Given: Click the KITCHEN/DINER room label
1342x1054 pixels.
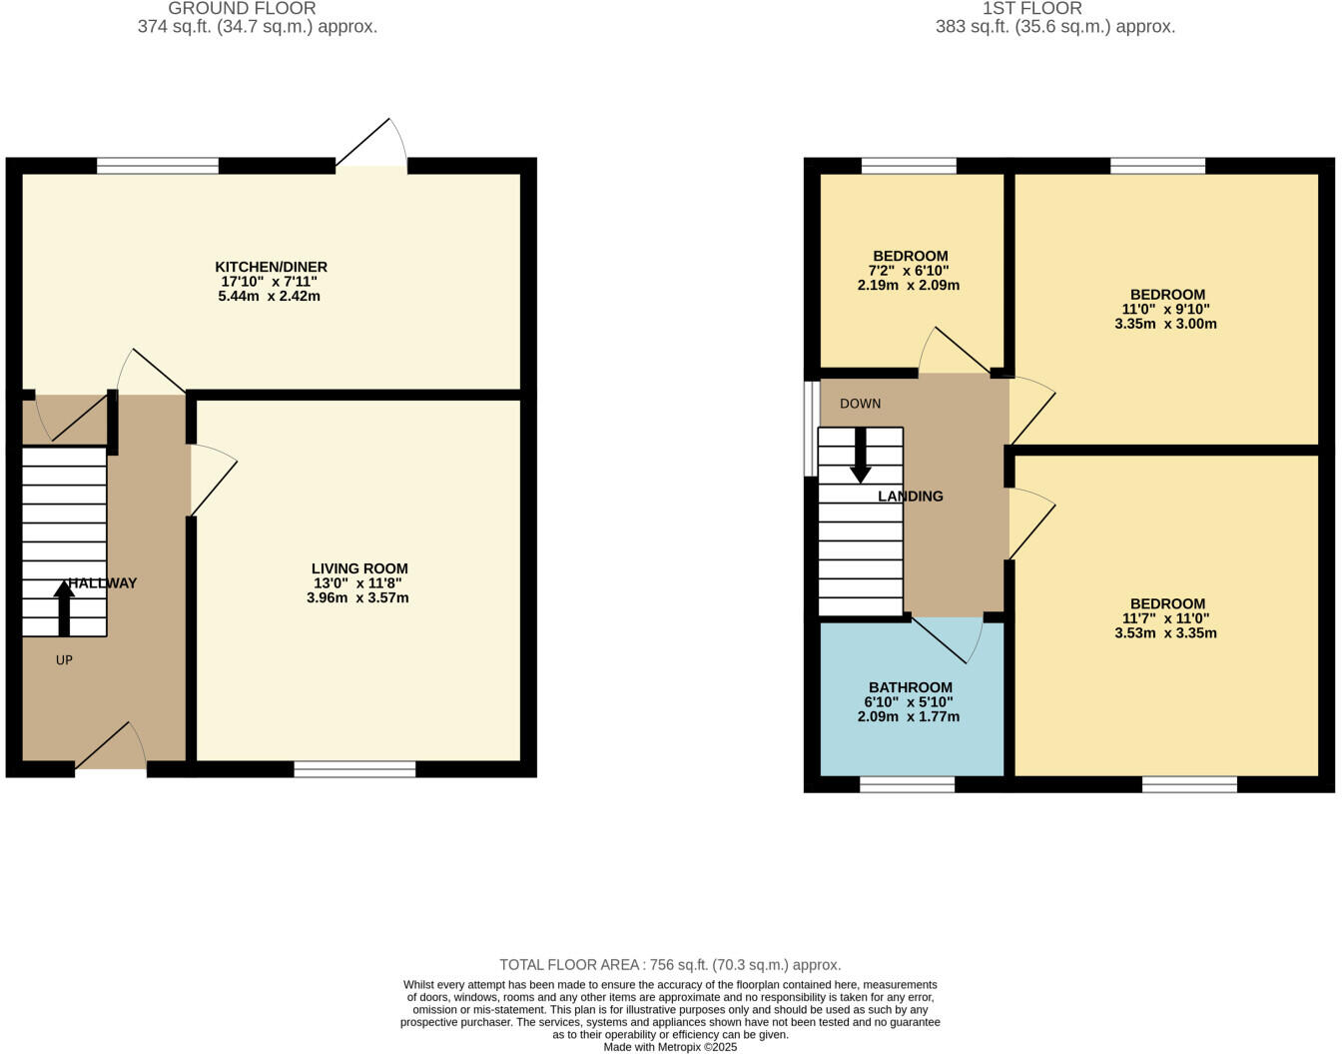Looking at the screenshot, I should coord(271,267).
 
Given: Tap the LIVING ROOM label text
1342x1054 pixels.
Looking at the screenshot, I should coord(359,568).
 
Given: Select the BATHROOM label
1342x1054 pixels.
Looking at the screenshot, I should coord(910,687).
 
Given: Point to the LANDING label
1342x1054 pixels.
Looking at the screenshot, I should coord(910,497).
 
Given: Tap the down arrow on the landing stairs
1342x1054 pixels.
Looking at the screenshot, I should coord(860,456).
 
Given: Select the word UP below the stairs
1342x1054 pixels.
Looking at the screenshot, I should coord(64,660).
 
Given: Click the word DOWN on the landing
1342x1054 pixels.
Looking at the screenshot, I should coord(860,404).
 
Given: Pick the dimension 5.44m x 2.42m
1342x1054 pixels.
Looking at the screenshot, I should coord(270,297).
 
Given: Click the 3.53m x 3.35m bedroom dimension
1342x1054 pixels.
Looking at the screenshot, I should coord(1165,633).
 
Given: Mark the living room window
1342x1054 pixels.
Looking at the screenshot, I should coord(354,768).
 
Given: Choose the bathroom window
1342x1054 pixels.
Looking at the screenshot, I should coord(907,785).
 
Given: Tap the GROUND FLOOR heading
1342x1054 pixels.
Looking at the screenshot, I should coord(242,9).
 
